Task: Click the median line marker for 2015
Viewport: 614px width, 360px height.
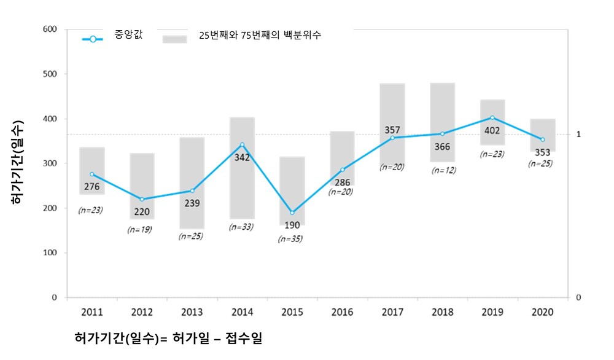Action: [x=292, y=213]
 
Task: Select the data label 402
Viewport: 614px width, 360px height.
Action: [x=492, y=131]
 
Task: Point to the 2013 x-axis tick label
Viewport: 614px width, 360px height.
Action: [x=192, y=312]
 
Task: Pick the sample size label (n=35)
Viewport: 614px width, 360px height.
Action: [x=290, y=239]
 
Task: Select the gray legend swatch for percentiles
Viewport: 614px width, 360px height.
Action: [x=174, y=39]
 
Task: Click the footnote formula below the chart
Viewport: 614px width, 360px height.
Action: [x=168, y=338]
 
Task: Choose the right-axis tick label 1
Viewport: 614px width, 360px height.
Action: [x=578, y=134]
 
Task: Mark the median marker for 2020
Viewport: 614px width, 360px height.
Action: [x=543, y=139]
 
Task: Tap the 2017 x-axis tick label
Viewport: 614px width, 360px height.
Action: [x=392, y=312]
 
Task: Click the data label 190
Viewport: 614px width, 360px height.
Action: [x=292, y=225]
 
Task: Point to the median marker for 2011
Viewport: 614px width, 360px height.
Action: [x=92, y=174]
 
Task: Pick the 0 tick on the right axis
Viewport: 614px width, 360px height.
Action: [x=578, y=297]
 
